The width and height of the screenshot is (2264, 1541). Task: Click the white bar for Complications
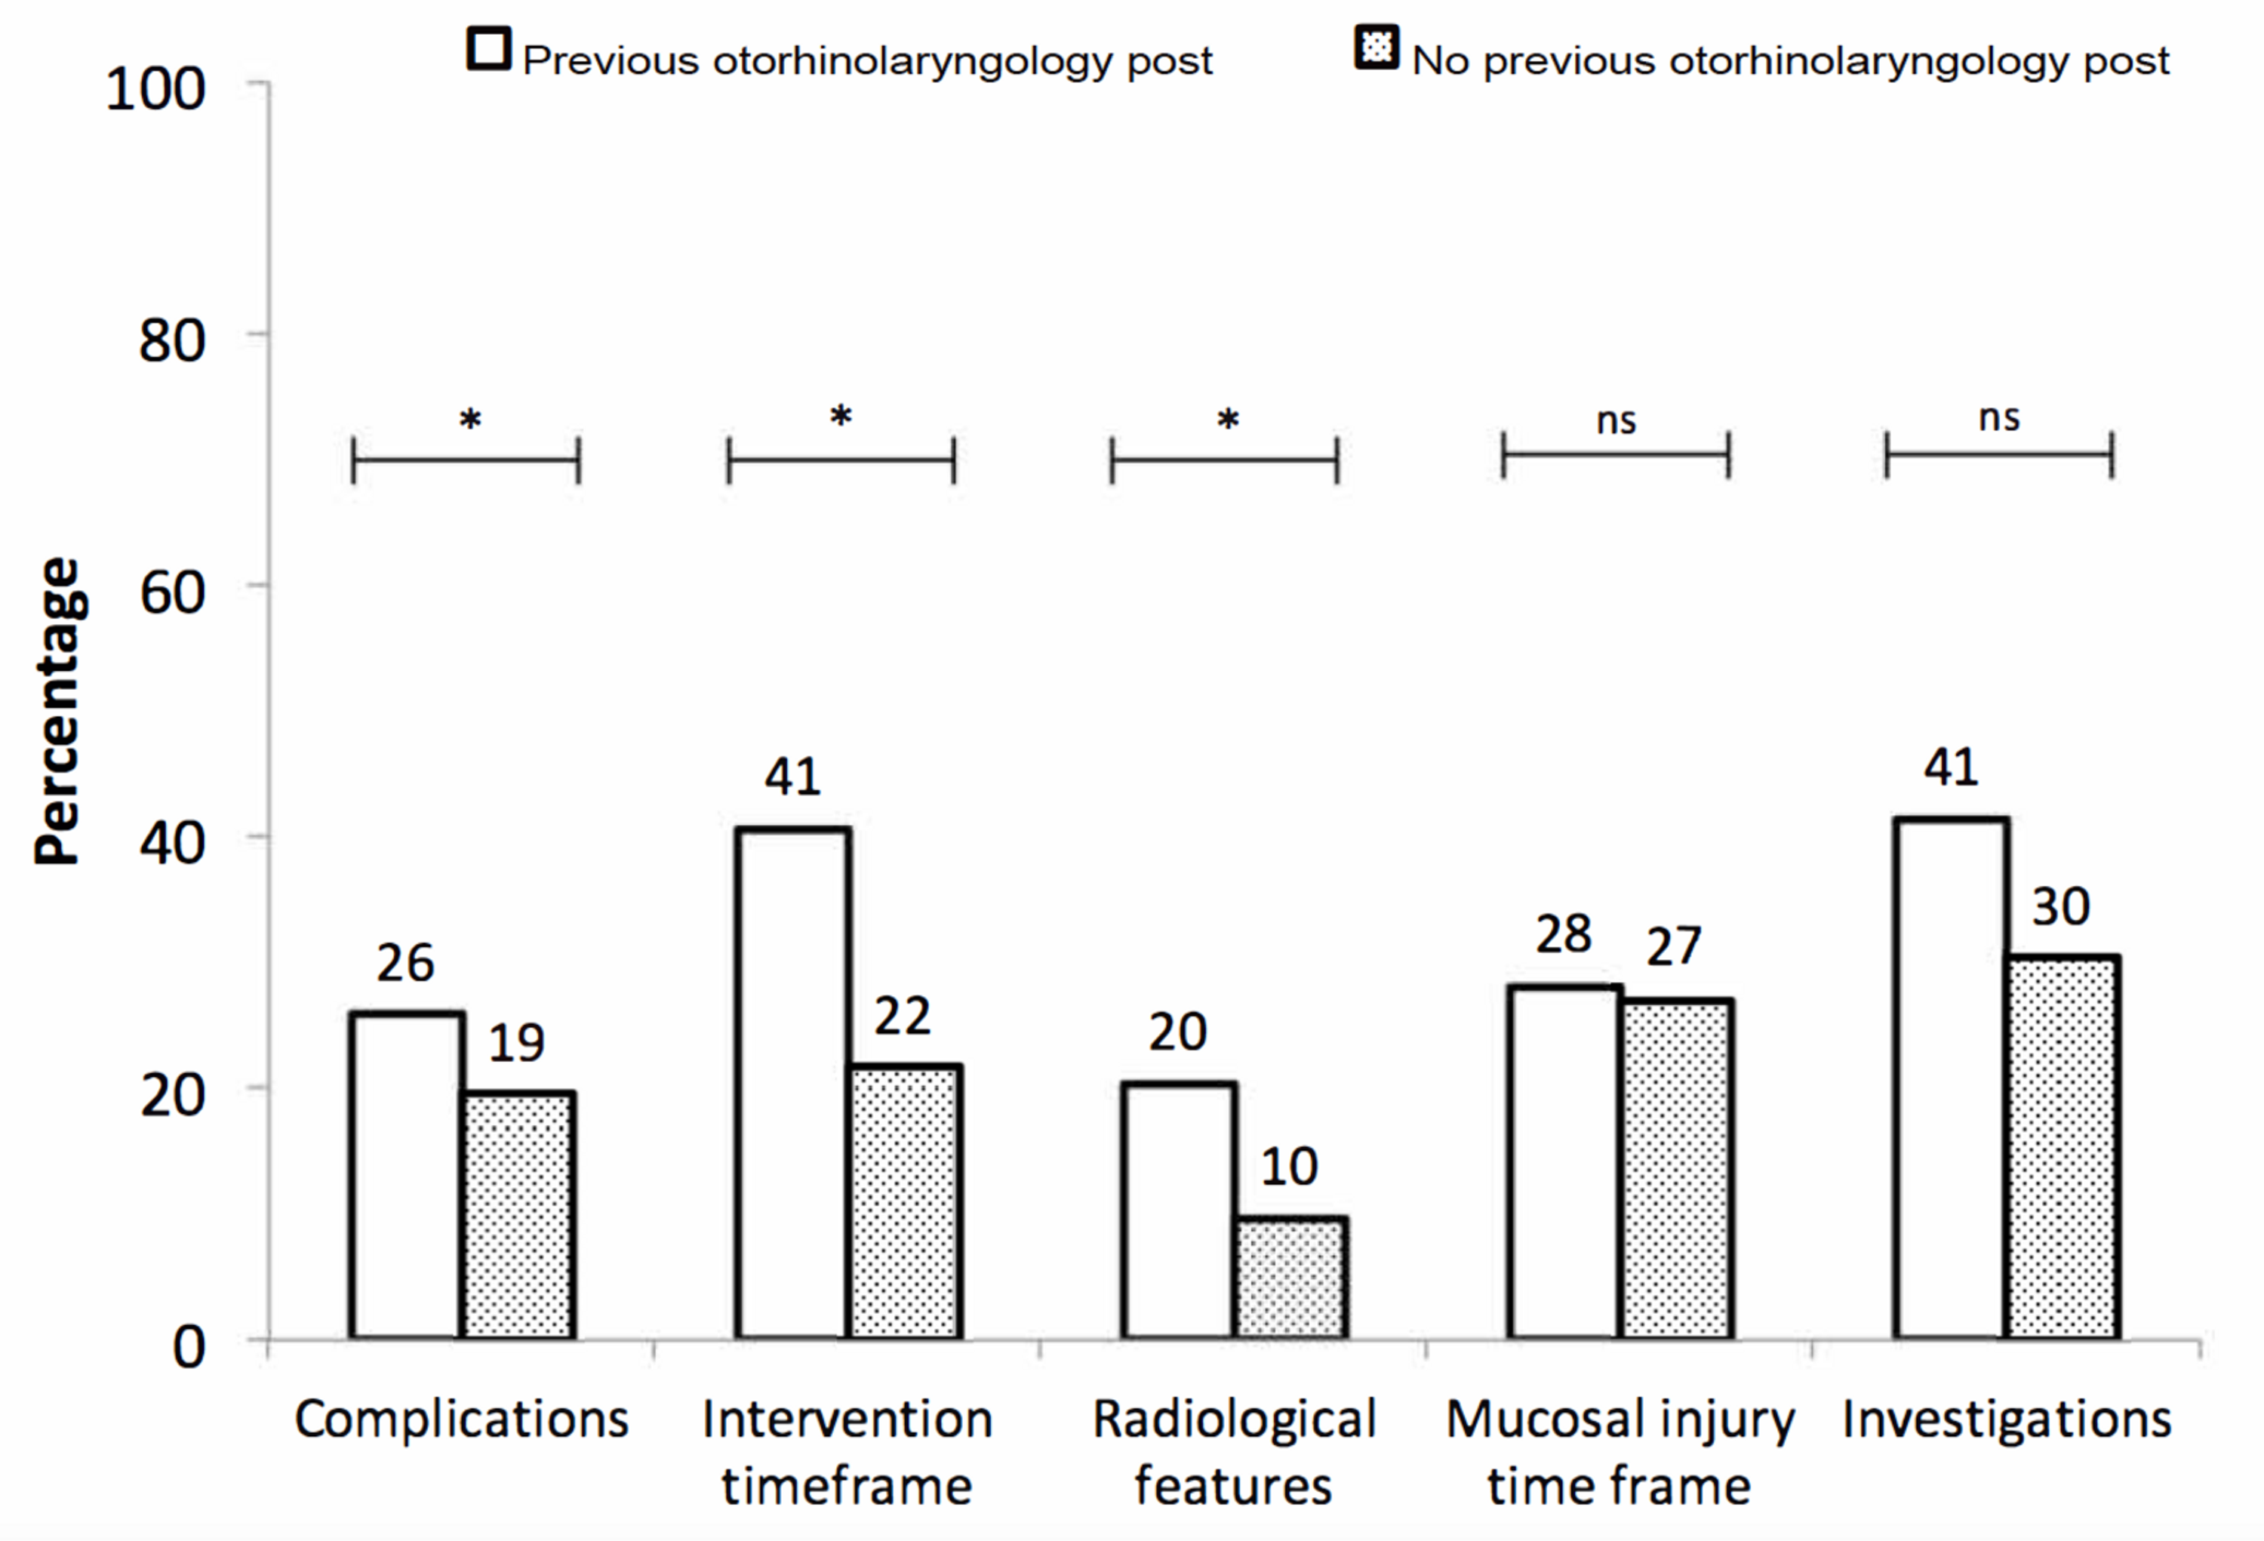click(x=406, y=1175)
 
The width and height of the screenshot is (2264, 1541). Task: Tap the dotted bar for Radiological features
click(x=1290, y=1277)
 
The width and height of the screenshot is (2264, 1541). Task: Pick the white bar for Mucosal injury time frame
click(x=1564, y=1161)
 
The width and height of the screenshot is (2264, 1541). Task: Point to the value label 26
click(x=405, y=964)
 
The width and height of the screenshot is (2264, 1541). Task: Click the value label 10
click(x=1289, y=1167)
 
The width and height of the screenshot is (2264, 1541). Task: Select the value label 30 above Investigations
click(x=2060, y=907)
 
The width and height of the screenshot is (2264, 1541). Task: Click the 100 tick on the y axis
click(x=156, y=90)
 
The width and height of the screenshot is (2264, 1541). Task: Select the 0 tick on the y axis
click(x=189, y=1348)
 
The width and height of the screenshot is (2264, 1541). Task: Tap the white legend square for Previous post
click(x=489, y=49)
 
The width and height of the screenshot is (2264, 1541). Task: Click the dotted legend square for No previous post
click(x=1377, y=48)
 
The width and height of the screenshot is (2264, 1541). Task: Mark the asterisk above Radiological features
click(x=1228, y=422)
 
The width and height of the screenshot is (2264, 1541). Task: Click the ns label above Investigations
click(x=1999, y=418)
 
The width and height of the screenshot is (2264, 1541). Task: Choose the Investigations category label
click(x=2007, y=1420)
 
